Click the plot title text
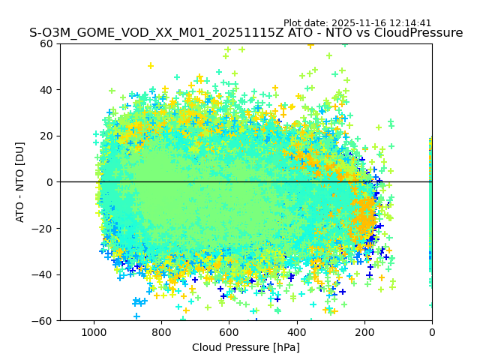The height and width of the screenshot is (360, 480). pos(246,33)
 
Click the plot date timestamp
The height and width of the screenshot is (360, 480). pos(358,23)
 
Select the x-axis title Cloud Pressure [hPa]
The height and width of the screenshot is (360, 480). pos(246,347)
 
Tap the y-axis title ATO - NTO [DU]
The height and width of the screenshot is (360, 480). pos(20,182)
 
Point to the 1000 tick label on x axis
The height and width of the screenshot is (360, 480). pos(94,331)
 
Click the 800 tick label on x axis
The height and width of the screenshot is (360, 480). pos(161,331)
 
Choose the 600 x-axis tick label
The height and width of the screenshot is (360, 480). pos(229,331)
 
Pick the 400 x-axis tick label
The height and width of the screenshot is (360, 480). pos(297,331)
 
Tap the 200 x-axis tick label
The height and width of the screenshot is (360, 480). pos(364,331)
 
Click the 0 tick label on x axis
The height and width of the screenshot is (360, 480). pos(432,331)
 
